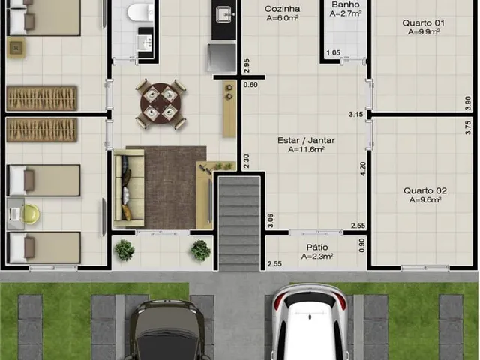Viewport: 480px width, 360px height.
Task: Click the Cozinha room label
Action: (282, 9)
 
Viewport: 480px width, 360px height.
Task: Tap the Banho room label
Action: (346, 5)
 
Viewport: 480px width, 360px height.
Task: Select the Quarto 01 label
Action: (423, 23)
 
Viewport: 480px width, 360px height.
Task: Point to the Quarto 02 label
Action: (425, 191)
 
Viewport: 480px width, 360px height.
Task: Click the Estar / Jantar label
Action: (306, 141)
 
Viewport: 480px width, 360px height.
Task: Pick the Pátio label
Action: (317, 247)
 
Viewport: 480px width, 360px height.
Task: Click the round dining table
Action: (160, 103)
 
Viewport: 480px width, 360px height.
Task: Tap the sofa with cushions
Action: (129, 187)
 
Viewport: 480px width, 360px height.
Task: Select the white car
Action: (310, 322)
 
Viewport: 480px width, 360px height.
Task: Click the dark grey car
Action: (167, 330)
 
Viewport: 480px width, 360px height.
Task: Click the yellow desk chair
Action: (30, 214)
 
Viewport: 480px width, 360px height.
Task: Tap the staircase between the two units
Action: (239, 223)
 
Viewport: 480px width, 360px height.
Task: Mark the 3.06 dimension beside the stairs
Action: (271, 220)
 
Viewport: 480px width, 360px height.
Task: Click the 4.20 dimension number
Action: (363, 169)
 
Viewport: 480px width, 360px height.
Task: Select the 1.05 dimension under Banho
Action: (333, 53)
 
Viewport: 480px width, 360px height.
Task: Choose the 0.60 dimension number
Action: (250, 85)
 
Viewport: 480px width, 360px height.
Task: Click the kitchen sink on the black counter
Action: (223, 14)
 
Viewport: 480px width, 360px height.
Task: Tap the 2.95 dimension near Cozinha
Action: (247, 65)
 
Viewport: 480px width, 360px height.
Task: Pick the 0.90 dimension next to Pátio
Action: (361, 245)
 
